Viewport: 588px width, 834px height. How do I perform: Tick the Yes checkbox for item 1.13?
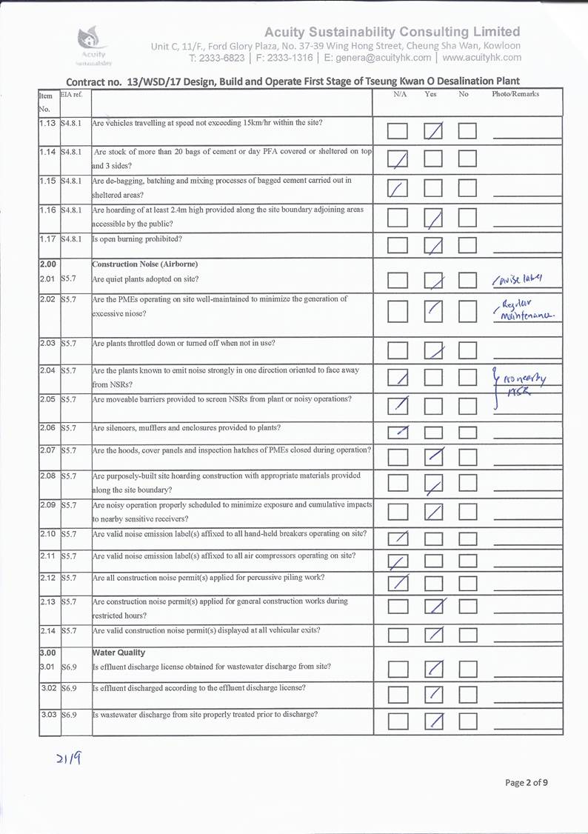(x=433, y=132)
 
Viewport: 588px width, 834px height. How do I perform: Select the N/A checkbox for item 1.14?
(x=398, y=159)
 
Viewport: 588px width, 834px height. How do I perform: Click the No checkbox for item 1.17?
(x=467, y=245)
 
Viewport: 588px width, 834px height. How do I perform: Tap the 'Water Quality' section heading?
(x=118, y=653)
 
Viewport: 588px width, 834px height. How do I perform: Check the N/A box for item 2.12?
(x=398, y=585)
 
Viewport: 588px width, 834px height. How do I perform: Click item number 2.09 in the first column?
(x=49, y=504)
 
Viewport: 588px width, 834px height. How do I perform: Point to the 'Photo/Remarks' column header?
(x=515, y=94)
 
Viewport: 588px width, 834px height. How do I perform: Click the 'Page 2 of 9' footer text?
(x=527, y=782)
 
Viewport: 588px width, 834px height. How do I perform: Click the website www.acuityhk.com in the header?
(x=482, y=57)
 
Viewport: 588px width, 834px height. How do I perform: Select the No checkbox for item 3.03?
(x=467, y=722)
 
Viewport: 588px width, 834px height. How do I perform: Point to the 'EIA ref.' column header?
(x=73, y=94)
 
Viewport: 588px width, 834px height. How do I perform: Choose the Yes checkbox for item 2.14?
(x=433, y=635)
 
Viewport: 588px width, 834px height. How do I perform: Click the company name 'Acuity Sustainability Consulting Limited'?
(x=392, y=32)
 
